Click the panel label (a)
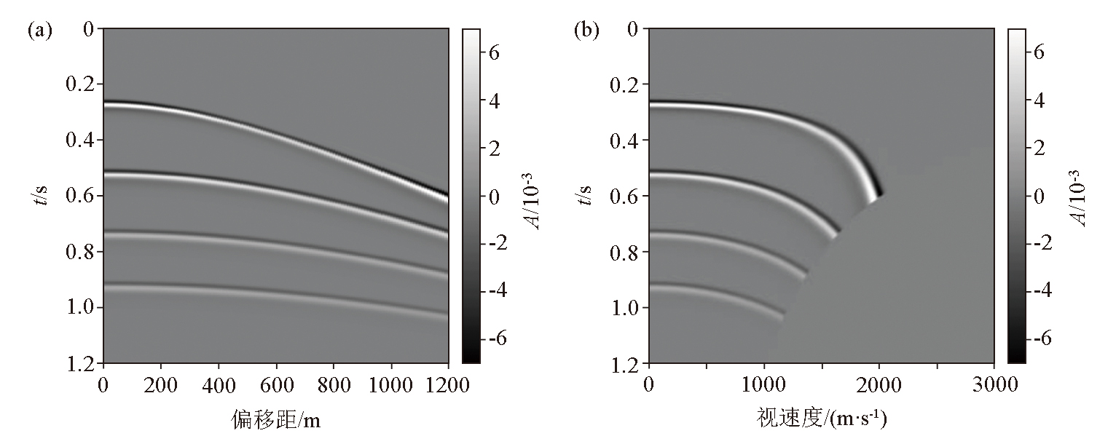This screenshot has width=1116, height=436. pyautogui.click(x=39, y=31)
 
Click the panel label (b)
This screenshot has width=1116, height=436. pyautogui.click(x=586, y=31)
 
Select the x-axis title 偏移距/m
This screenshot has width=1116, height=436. pyautogui.click(x=275, y=418)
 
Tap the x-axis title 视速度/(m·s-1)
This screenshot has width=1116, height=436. pyautogui.click(x=821, y=418)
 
